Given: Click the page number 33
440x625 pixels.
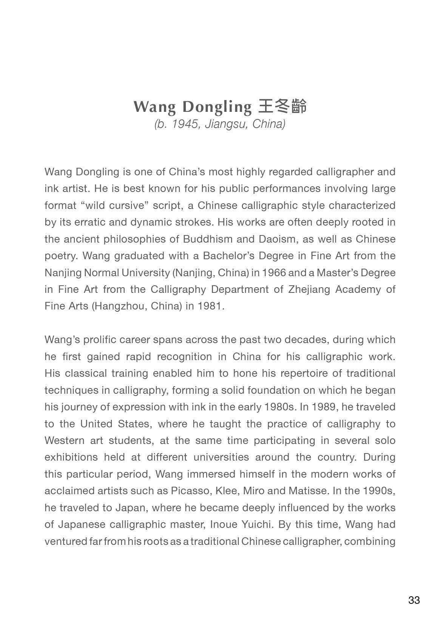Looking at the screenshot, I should (x=414, y=600).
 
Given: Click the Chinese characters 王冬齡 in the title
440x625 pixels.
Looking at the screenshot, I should (x=283, y=107).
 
